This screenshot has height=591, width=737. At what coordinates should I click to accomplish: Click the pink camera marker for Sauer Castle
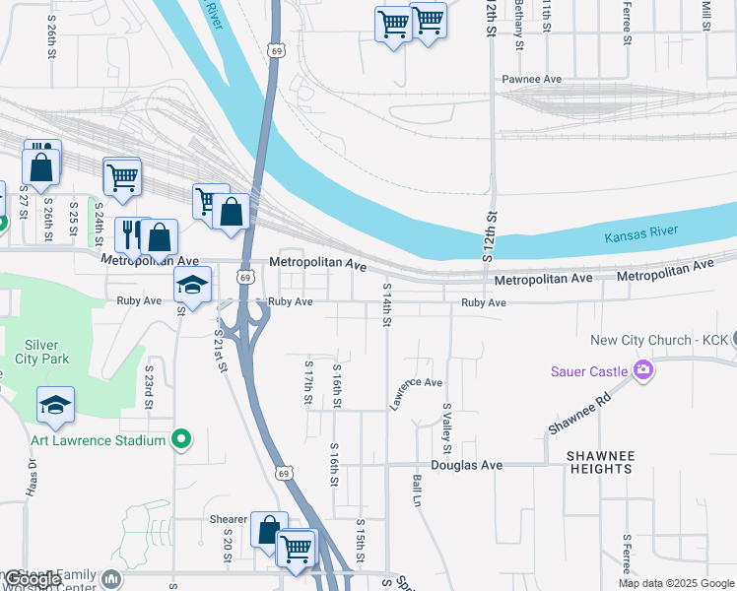click(x=644, y=370)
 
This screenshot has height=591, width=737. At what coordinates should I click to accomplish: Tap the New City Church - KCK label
click(x=659, y=340)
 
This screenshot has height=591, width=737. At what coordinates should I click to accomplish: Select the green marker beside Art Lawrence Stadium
click(x=180, y=439)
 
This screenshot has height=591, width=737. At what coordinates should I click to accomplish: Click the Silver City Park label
click(x=42, y=351)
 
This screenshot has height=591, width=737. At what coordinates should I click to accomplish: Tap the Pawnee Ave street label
click(x=531, y=79)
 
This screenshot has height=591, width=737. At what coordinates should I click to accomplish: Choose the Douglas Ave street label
click(x=466, y=465)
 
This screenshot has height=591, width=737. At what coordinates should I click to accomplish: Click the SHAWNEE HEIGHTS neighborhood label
click(x=600, y=462)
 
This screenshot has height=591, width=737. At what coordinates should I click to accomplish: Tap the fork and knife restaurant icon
click(x=130, y=234)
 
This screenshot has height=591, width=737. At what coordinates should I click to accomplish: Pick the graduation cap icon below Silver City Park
click(x=56, y=405)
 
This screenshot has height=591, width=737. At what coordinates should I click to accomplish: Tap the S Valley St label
click(x=446, y=421)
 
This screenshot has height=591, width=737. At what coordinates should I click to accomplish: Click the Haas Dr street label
click(x=29, y=481)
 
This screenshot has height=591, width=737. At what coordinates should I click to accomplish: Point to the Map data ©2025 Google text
click(x=676, y=583)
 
